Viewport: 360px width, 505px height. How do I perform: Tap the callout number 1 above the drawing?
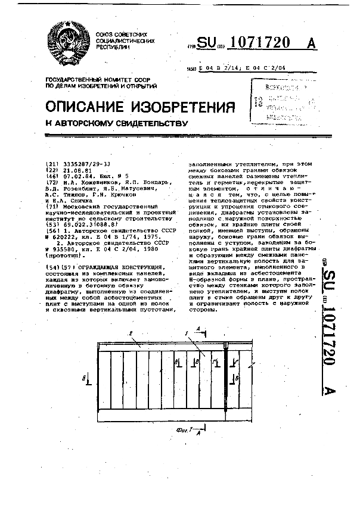[x=187, y=333]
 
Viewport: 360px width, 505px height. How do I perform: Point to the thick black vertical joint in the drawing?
[x=226, y=379]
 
